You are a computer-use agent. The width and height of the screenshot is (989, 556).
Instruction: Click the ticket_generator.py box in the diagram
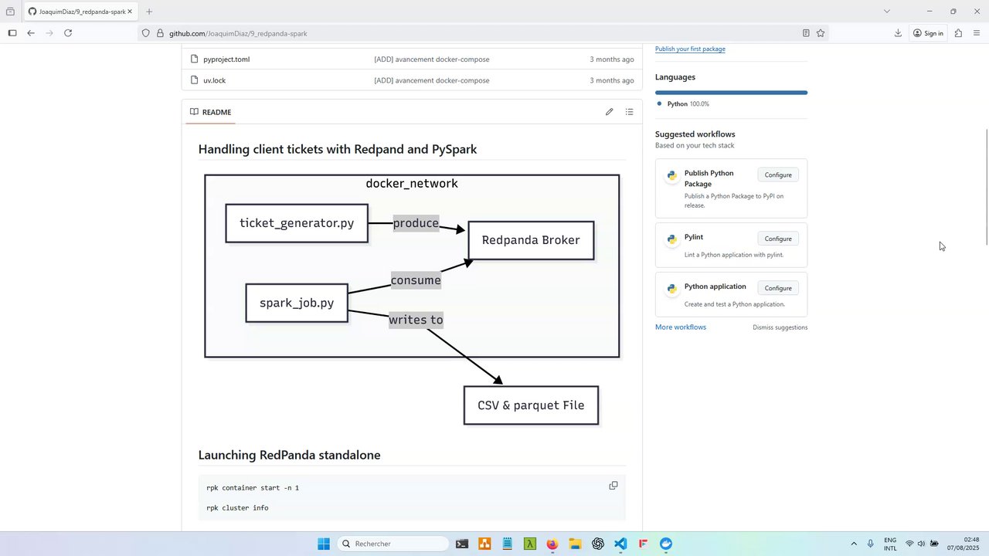[x=297, y=223]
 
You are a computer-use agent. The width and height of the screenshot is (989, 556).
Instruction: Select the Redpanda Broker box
[x=531, y=240]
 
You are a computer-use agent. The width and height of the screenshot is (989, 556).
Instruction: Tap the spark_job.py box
[x=297, y=303]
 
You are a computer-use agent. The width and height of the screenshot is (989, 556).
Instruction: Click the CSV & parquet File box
[x=531, y=405]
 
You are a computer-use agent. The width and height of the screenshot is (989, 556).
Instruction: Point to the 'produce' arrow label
[x=416, y=223]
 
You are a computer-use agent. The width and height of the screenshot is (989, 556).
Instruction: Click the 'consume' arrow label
[x=416, y=280]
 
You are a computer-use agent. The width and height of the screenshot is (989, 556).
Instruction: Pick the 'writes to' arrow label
[x=416, y=320]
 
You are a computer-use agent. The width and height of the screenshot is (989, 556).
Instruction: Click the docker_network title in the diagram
[x=412, y=184]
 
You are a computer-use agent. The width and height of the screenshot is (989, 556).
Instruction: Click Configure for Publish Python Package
[x=778, y=175]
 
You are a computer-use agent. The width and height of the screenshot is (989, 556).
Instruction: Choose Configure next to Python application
[x=778, y=288]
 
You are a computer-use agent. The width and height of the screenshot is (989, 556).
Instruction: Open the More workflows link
[x=681, y=327]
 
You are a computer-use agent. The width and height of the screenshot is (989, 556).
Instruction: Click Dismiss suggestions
[x=780, y=327]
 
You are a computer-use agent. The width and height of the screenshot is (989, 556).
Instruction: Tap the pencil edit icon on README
[x=610, y=112]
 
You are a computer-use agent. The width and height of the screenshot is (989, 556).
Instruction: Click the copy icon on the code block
[x=613, y=486]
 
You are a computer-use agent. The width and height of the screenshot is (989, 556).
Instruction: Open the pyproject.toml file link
[x=226, y=59]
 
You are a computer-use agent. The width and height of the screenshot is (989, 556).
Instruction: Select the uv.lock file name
[x=215, y=80]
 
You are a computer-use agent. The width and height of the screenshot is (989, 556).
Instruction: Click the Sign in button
[x=928, y=33]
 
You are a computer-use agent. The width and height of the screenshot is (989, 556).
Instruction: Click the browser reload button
[x=68, y=33]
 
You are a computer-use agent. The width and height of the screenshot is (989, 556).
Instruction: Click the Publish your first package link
[x=690, y=49]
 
